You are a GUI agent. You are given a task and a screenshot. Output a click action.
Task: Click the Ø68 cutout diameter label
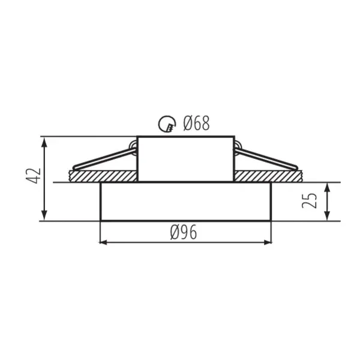coord(196,123)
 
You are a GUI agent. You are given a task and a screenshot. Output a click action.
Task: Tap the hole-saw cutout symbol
coord(167,124)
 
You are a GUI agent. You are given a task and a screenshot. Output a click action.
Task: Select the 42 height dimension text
coord(34,176)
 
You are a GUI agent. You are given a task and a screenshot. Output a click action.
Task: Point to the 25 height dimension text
coord(309,201)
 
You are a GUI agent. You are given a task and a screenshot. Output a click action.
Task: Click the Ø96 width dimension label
coord(184,232)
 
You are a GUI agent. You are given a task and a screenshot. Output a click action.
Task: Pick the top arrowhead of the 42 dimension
coord(44,142)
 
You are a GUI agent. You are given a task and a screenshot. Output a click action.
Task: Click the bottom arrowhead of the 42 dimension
coord(44,215)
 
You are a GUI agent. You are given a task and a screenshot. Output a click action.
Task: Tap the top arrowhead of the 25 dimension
coord(327,188)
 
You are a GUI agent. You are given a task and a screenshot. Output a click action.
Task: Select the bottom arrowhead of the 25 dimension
coord(327,216)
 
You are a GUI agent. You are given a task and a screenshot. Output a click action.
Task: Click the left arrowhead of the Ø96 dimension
coord(104,242)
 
